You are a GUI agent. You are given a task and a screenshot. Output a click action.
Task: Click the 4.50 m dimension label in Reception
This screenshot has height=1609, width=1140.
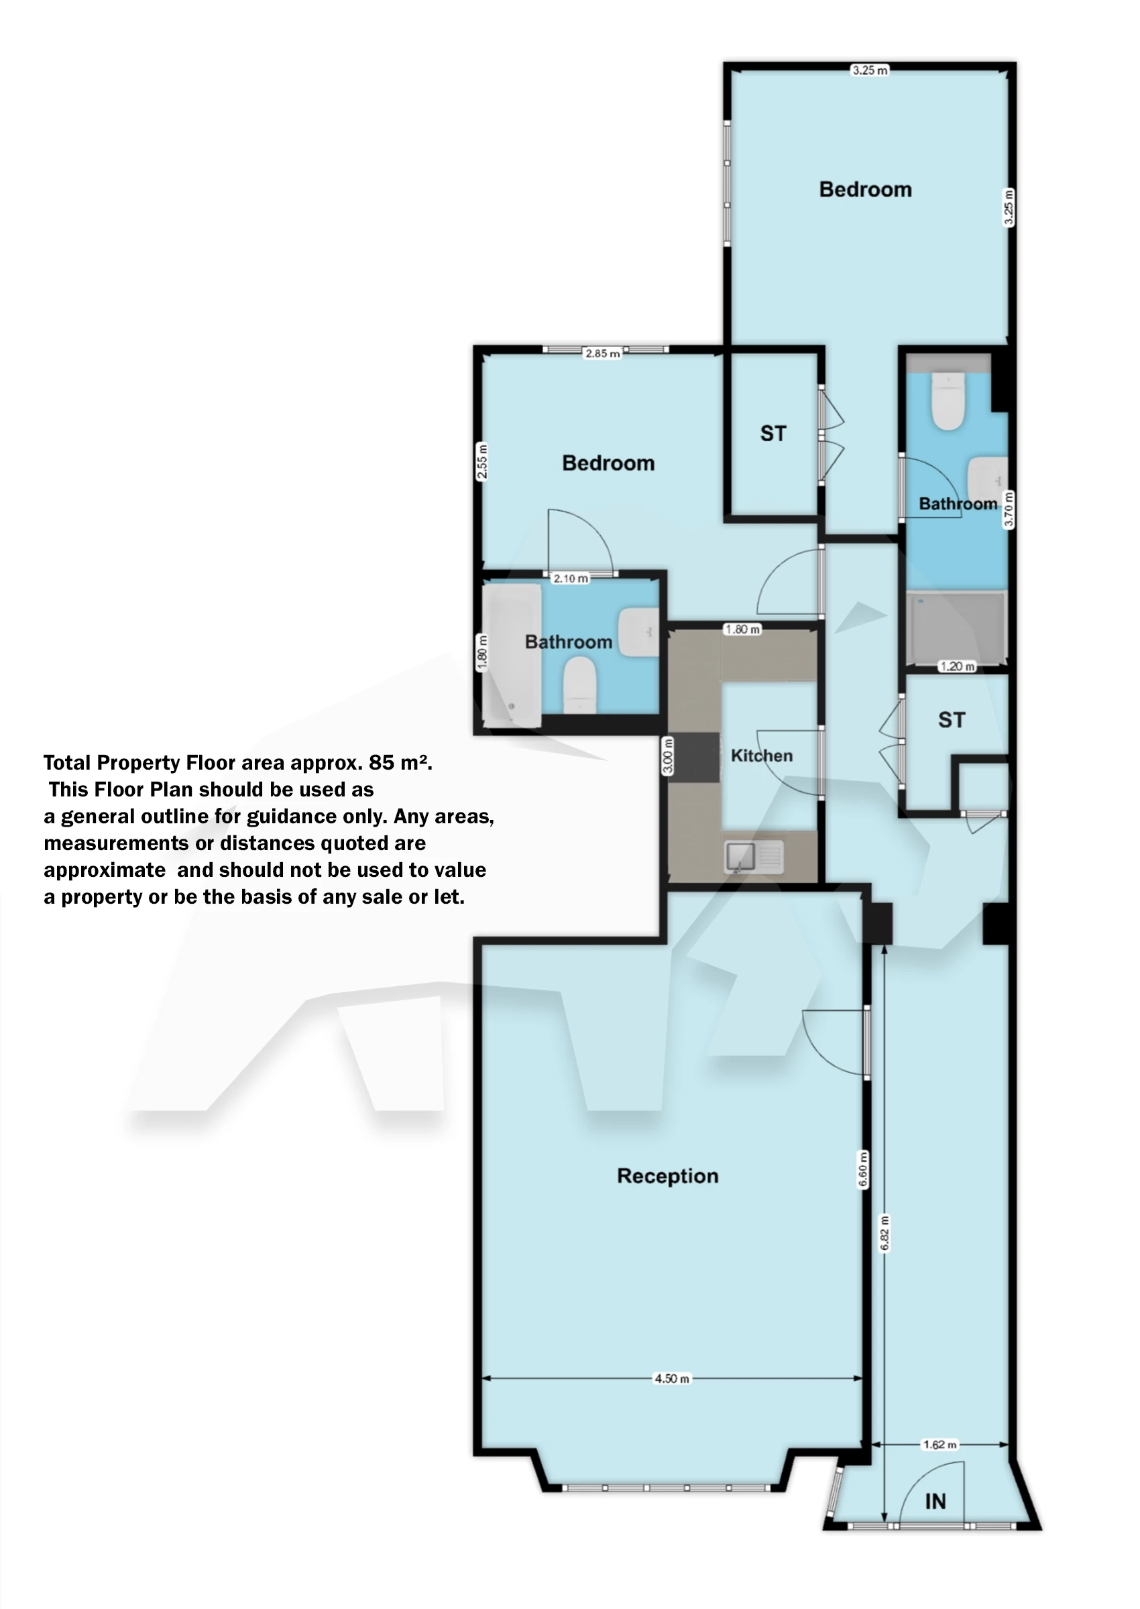pyautogui.click(x=672, y=1378)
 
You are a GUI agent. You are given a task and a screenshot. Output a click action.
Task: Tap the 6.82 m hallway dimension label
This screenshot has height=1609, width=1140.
pyautogui.click(x=885, y=1233)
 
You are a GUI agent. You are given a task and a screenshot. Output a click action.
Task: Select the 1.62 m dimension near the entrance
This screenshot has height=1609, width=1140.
pyautogui.click(x=939, y=1444)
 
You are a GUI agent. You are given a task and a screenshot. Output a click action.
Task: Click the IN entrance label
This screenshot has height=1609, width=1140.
pyautogui.click(x=935, y=1501)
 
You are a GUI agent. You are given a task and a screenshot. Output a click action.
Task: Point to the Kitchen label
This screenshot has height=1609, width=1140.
pyautogui.click(x=762, y=756)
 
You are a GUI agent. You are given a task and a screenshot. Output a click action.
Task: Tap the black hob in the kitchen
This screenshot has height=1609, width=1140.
pyautogui.click(x=694, y=757)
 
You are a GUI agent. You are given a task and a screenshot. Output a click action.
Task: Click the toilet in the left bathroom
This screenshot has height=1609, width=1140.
pyautogui.click(x=580, y=684)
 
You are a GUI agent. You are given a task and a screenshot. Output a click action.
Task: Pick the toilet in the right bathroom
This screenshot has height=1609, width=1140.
pyautogui.click(x=948, y=401)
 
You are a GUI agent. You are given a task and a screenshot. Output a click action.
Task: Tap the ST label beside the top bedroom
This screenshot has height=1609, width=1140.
pyautogui.click(x=773, y=434)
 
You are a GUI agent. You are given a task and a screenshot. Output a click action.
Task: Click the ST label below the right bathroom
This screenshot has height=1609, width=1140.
pyautogui.click(x=951, y=720)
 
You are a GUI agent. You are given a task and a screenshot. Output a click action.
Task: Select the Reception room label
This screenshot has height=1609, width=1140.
pyautogui.click(x=668, y=1176)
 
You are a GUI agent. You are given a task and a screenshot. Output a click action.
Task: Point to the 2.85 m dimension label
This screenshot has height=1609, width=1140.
pyautogui.click(x=602, y=353)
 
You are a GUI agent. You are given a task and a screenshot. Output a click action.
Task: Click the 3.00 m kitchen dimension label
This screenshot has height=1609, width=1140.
pyautogui.click(x=669, y=756)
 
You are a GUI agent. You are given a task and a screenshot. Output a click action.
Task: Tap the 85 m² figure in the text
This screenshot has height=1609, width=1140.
pyautogui.click(x=399, y=762)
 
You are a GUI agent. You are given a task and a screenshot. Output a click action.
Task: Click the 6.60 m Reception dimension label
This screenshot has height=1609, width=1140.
pyautogui.click(x=863, y=1169)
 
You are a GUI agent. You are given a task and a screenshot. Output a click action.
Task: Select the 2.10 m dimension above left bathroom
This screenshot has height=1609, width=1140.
pyautogui.click(x=570, y=578)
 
